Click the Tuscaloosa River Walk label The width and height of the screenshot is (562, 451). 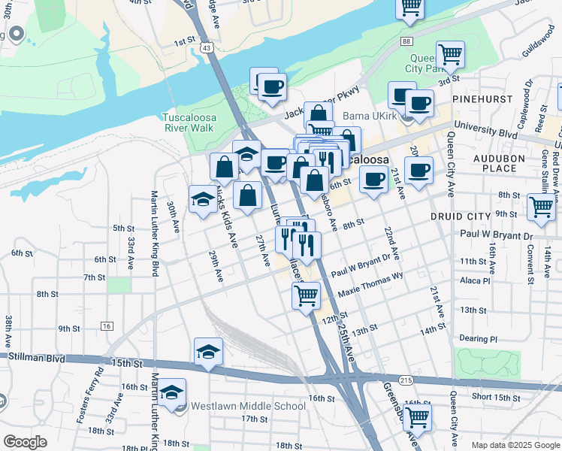pyautogui.click(x=188, y=123)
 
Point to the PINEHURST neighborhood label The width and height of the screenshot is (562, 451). pyautogui.click(x=481, y=98)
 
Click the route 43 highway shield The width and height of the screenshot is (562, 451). pyautogui.click(x=207, y=48)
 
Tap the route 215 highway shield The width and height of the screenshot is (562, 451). pyautogui.click(x=406, y=382)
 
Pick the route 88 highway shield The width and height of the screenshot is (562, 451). pyautogui.click(x=406, y=41)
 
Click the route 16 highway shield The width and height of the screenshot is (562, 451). pyautogui.click(x=107, y=326)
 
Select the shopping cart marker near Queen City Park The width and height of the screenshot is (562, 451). pyautogui.click(x=450, y=54)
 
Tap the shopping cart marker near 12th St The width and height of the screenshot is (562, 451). pyautogui.click(x=306, y=295)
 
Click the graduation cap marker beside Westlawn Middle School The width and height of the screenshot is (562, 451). pyautogui.click(x=172, y=393)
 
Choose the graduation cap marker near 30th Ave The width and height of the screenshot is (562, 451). pyautogui.click(x=201, y=198)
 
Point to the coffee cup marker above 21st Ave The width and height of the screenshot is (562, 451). pyautogui.click(x=418, y=169)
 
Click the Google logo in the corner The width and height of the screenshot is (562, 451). pyautogui.click(x=26, y=442)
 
